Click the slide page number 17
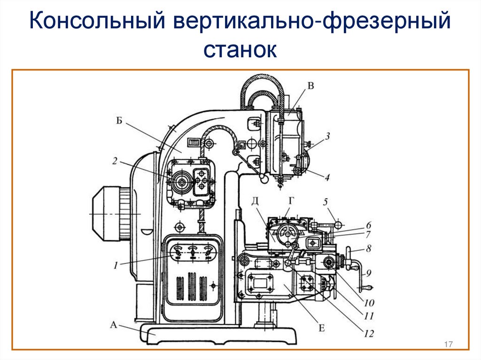click(x=448, y=345)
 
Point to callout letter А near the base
click(x=113, y=324)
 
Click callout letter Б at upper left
click(x=119, y=121)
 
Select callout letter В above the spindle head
click(x=310, y=85)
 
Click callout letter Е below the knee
click(x=322, y=327)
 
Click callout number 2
click(x=115, y=160)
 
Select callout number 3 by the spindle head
click(x=327, y=136)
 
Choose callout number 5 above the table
click(x=325, y=202)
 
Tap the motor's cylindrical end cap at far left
click(x=104, y=213)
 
